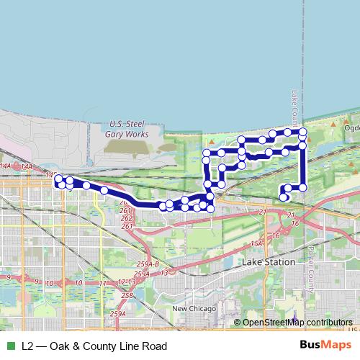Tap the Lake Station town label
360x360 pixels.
tap(269, 262)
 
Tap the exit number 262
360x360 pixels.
tap(127, 217)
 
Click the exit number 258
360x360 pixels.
tap(128, 296)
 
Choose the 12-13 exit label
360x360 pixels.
tap(126, 282)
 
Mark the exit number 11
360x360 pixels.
tap(103, 283)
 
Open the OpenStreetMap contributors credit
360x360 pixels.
tap(297, 323)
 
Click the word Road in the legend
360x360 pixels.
tap(155, 346)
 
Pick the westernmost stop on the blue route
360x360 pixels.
tap(58, 179)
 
